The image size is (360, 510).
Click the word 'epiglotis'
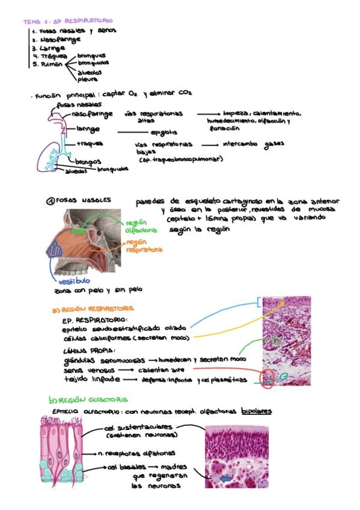coord(164,132)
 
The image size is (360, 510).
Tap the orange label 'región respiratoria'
coord(144,245)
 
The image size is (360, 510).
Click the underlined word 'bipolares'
coord(257,411)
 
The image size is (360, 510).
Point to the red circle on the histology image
coord(267,377)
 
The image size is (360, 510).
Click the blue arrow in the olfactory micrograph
coord(226,478)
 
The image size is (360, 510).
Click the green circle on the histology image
coord(276,341)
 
